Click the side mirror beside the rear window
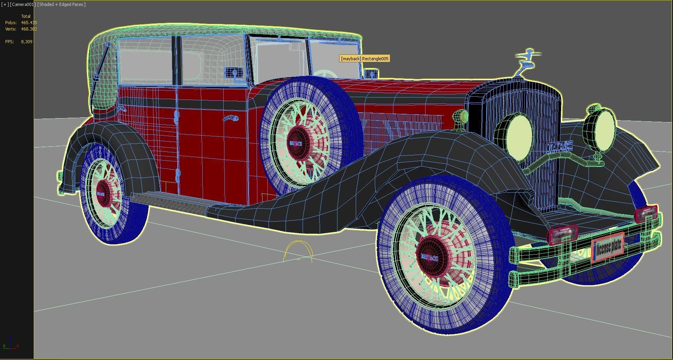coord(232,73)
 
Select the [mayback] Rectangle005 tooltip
coord(364,59)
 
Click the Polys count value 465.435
coord(29,23)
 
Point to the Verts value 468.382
coord(29,29)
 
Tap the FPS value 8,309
coord(27,42)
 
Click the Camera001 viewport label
coord(23,4)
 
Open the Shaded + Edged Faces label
coord(61,4)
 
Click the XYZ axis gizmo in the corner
coord(11,343)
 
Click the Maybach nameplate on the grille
coord(560,146)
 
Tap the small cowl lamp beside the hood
coord(460,117)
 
